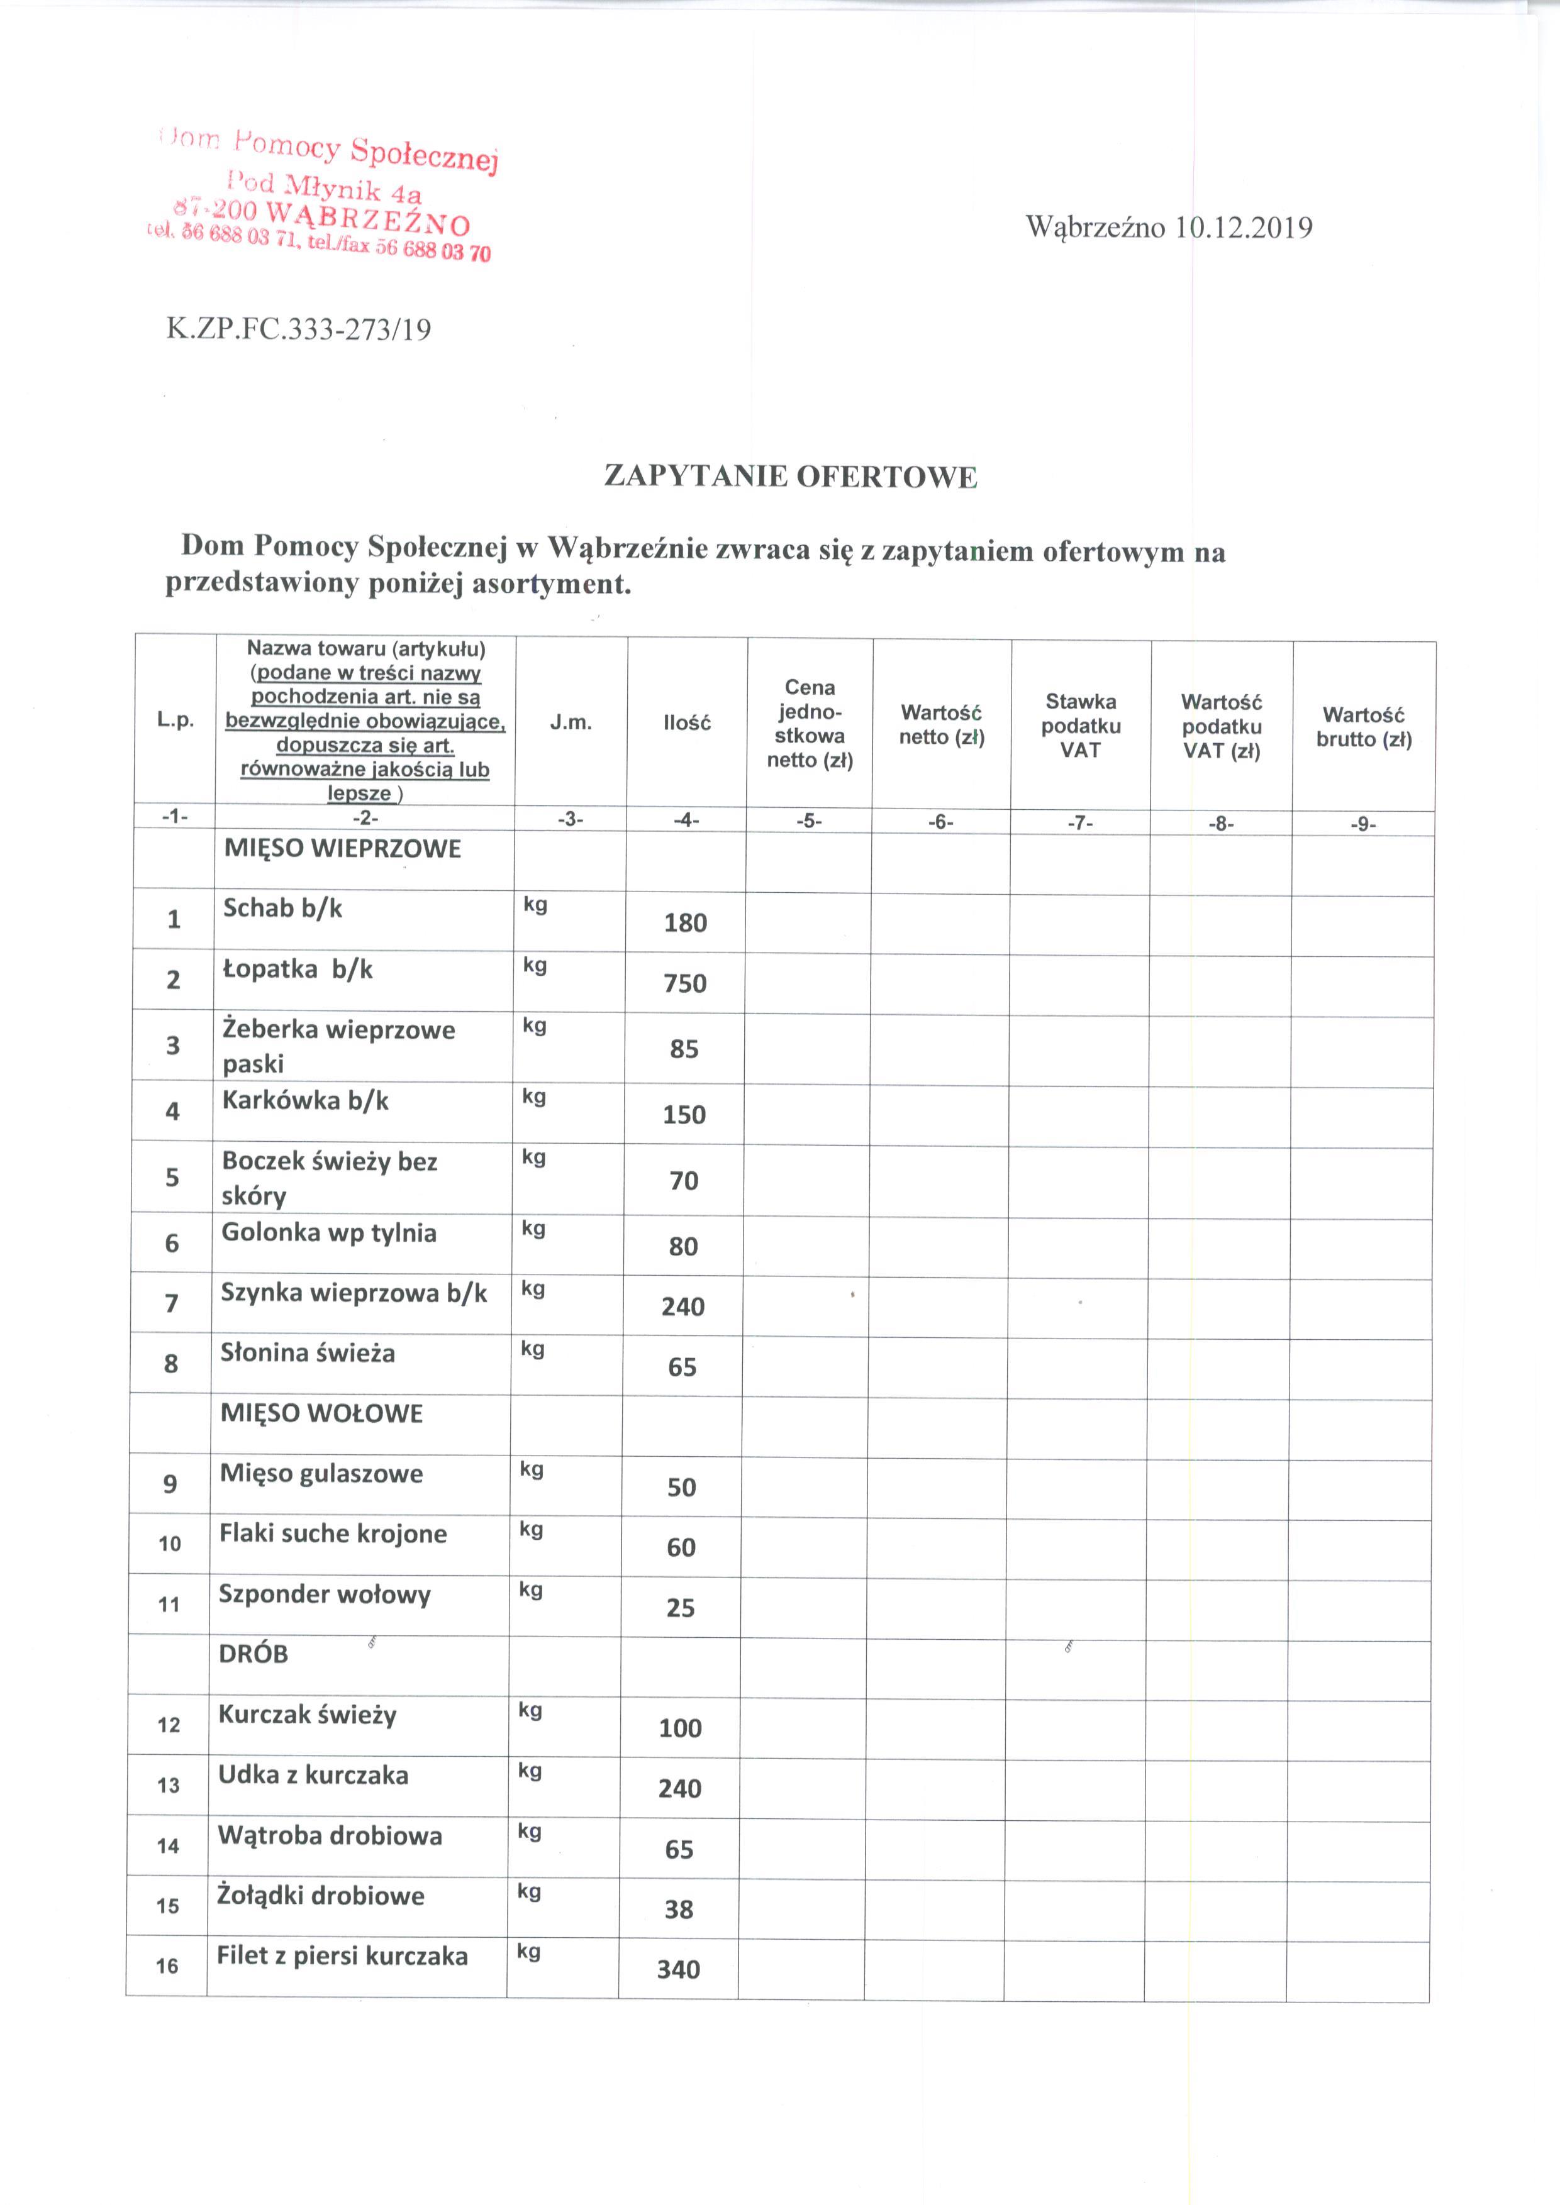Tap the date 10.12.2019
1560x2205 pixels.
tap(1244, 228)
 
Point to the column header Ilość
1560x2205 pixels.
tap(687, 723)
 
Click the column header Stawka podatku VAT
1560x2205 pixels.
tap(1081, 726)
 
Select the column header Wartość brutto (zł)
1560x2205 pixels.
tap(1364, 727)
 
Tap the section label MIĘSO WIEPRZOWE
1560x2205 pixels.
tap(342, 849)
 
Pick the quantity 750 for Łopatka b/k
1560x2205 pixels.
tap(685, 983)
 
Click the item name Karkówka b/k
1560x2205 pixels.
tap(306, 1100)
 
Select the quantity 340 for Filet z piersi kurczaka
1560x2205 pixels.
tap(678, 1970)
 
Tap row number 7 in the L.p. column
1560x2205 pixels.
tap(172, 1303)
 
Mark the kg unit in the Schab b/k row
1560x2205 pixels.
tap(535, 905)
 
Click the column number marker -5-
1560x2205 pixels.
tap(810, 822)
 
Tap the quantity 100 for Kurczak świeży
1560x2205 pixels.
tap(680, 1728)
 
